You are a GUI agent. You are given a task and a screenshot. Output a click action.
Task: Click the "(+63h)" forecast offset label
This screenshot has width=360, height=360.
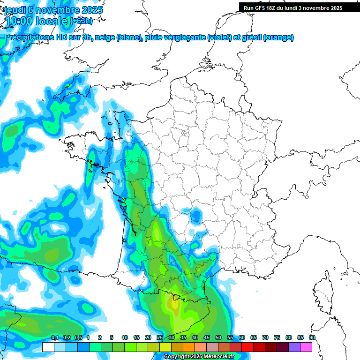point(81,21)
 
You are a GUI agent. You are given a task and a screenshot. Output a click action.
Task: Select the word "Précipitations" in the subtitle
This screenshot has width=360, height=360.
point(30,37)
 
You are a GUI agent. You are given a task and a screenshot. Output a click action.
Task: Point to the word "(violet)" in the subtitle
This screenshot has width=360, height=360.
point(219,37)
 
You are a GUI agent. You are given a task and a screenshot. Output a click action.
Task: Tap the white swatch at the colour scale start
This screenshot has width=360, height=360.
point(48,347)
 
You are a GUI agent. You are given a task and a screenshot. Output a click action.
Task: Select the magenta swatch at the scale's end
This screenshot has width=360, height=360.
point(306,347)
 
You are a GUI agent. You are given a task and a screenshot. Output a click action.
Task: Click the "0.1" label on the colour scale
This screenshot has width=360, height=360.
point(55,337)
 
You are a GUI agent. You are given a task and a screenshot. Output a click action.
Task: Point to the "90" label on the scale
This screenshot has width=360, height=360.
point(312,337)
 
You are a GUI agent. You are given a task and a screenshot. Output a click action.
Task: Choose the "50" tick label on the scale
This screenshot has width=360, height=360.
point(218,337)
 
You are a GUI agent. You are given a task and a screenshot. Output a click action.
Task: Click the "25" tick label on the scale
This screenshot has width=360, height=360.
point(160,337)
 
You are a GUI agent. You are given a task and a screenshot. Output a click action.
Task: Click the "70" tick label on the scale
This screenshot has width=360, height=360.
point(265,337)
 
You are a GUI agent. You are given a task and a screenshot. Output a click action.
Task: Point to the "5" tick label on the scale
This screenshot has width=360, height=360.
point(112,337)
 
